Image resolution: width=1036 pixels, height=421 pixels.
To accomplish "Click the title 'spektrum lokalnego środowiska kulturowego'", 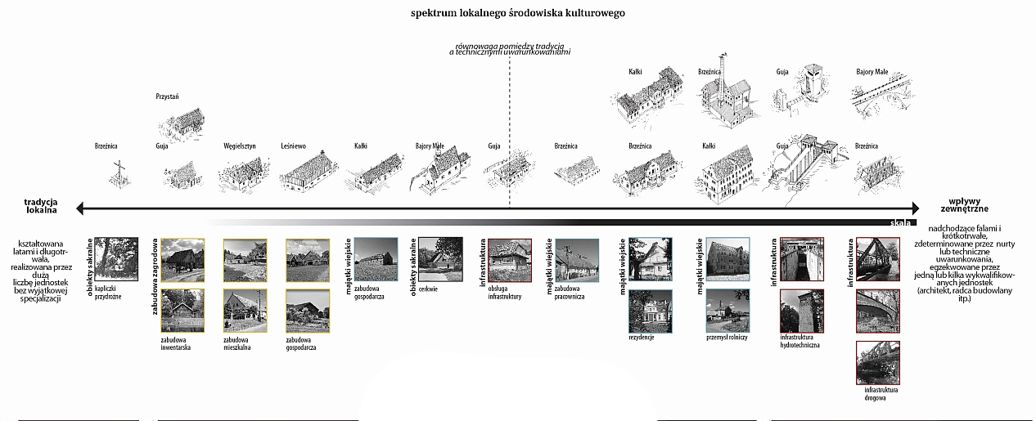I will [517, 14].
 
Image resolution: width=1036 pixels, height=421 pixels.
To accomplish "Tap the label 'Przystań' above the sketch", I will [167, 96].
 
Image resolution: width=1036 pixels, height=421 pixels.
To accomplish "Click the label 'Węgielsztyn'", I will [240, 146].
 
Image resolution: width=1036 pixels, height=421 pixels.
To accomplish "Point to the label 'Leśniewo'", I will [293, 146].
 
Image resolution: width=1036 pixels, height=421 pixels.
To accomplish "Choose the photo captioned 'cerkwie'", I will [439, 258].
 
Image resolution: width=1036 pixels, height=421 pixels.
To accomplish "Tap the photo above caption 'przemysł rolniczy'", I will [727, 310].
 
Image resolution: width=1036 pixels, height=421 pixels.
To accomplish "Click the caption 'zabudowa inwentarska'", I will [176, 343].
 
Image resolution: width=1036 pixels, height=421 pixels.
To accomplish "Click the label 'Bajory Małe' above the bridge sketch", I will [872, 72].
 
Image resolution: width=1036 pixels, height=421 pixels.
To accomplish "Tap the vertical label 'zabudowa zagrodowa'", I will [155, 276].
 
